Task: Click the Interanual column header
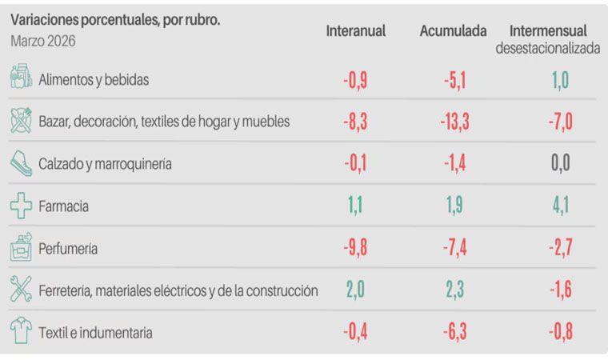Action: coord(355,31)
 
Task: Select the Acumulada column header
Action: coord(454,31)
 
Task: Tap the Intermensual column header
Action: coord(548,31)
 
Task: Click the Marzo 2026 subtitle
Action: coord(43,41)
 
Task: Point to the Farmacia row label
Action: coord(63,206)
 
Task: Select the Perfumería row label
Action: coord(68,248)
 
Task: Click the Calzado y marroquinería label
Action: coord(105,165)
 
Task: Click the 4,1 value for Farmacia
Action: coord(560,206)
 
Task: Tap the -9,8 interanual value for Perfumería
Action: coord(354,248)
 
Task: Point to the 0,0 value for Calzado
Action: coord(560,164)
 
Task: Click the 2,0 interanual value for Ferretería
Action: coord(356,290)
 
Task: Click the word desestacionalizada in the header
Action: coord(548,48)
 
